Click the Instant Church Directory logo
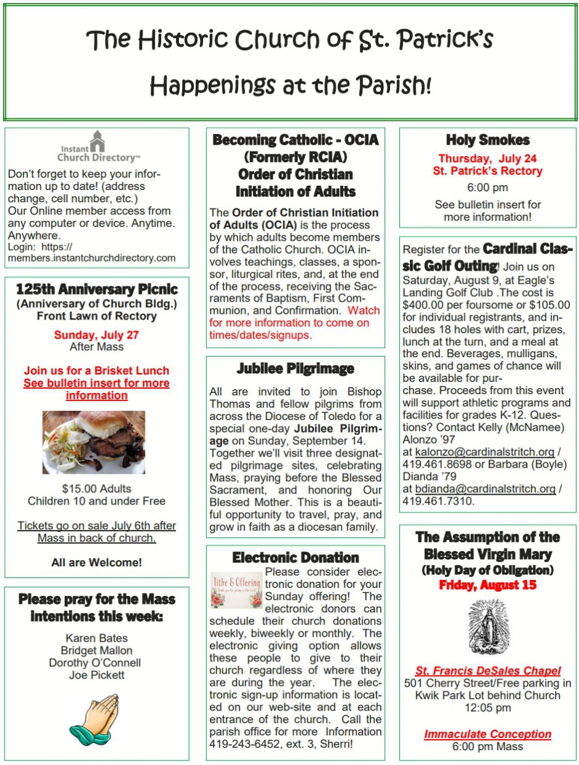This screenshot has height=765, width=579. (97, 147)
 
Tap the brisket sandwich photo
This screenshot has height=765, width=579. (94, 442)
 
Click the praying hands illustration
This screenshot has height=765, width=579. (94, 719)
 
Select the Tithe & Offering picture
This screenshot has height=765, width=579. (236, 590)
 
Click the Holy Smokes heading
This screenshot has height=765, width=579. (488, 140)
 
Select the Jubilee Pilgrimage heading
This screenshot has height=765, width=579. (296, 369)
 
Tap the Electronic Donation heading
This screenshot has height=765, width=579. (296, 558)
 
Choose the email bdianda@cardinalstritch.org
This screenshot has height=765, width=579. (485, 489)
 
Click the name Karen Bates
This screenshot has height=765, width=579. (96, 637)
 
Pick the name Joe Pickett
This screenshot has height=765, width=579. (96, 675)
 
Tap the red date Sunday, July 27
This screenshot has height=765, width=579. (96, 335)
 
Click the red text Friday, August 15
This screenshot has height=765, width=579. (488, 585)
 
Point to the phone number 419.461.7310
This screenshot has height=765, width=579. (438, 501)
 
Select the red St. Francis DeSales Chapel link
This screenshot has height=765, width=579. (488, 671)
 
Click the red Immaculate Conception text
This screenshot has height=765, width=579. (488, 734)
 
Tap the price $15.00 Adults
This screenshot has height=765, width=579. (96, 488)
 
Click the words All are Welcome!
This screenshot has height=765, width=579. (96, 562)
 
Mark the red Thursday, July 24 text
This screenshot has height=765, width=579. (488, 158)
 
